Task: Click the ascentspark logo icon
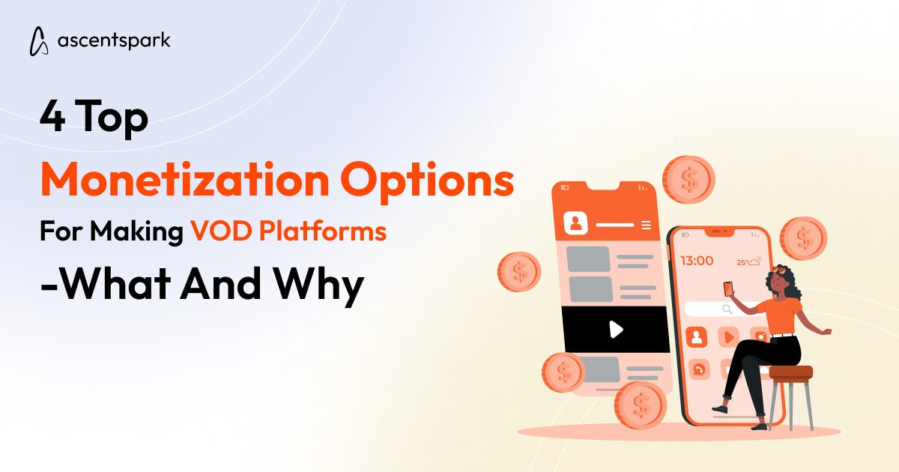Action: [x=39, y=40]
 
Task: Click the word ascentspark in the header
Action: [x=114, y=40]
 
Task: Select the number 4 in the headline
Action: [x=51, y=119]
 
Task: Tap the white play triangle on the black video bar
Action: [x=616, y=329]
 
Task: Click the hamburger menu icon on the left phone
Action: [x=647, y=225]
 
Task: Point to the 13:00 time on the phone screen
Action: [x=696, y=261]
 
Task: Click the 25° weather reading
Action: [x=742, y=262]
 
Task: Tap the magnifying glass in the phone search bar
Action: [x=727, y=309]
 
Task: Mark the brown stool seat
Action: [x=790, y=372]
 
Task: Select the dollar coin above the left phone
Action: [x=688, y=180]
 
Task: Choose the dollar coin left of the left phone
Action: [x=518, y=271]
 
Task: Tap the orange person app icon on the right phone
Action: [x=696, y=336]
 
